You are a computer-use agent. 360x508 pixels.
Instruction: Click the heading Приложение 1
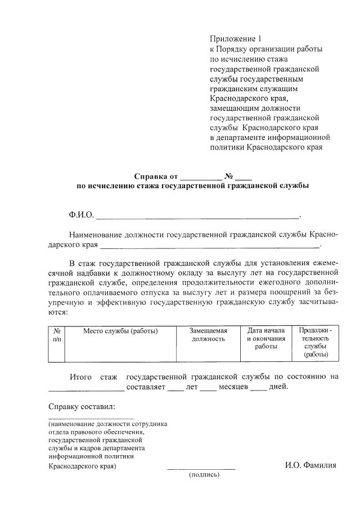coord(236,39)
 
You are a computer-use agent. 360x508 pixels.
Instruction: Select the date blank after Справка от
coord(201,176)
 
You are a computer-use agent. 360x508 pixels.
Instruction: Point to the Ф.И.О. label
coord(81,215)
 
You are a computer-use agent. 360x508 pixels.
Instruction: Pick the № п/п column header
coord(57,335)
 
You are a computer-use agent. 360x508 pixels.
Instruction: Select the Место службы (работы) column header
coord(120,331)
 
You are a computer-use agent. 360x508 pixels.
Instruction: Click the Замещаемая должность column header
coord(209,335)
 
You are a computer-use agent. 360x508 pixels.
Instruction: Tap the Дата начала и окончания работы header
coord(266,338)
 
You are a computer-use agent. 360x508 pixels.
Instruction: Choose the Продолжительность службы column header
coord(316,342)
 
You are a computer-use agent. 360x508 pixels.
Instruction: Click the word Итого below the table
coord(80,377)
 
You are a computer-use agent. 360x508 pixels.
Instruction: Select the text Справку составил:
coord(82,406)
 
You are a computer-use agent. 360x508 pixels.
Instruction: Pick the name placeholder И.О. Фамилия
coord(310,465)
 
